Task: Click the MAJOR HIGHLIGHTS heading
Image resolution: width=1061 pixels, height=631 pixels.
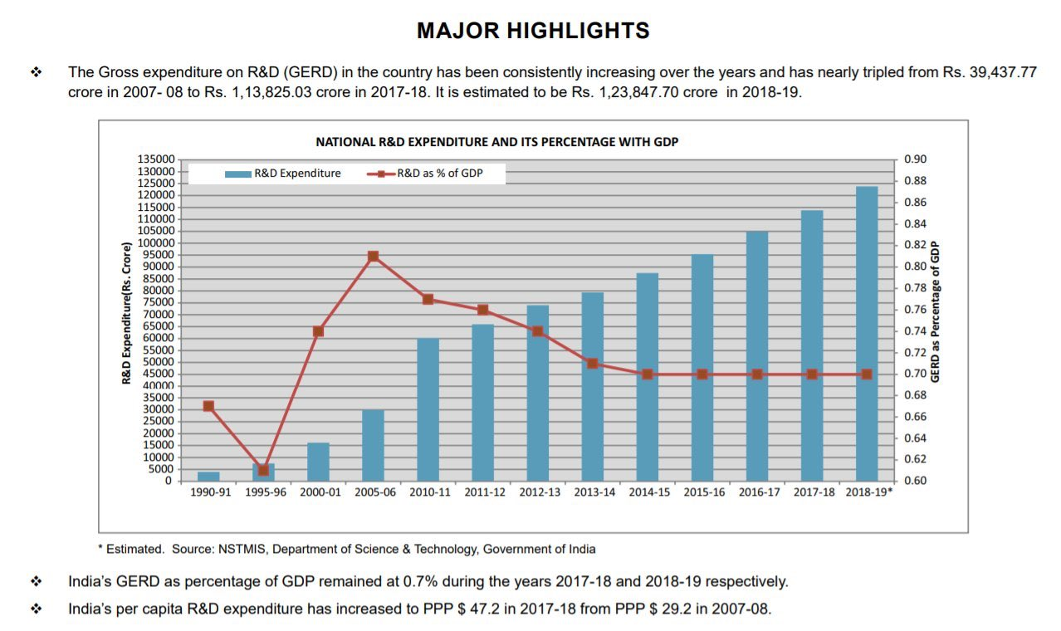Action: coord(532,32)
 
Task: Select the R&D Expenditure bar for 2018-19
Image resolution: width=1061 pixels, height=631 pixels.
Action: coord(867,332)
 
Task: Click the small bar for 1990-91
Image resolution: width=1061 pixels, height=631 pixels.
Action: coord(208,476)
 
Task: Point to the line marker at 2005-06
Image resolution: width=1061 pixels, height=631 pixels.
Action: coord(373,257)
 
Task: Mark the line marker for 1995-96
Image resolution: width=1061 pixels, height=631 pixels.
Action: coord(263,470)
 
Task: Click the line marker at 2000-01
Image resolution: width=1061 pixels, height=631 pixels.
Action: coord(318,331)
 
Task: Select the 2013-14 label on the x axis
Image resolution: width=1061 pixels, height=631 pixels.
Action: coord(595,492)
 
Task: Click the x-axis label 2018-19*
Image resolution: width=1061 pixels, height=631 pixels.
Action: coord(868,492)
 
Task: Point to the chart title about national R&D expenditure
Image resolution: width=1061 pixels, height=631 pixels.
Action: coord(496,142)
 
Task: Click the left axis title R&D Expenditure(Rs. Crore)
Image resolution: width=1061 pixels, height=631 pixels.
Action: coord(127,313)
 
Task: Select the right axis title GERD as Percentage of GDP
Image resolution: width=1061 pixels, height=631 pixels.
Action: coord(936,311)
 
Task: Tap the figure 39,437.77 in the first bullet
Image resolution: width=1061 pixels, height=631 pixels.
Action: coord(1002,72)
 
